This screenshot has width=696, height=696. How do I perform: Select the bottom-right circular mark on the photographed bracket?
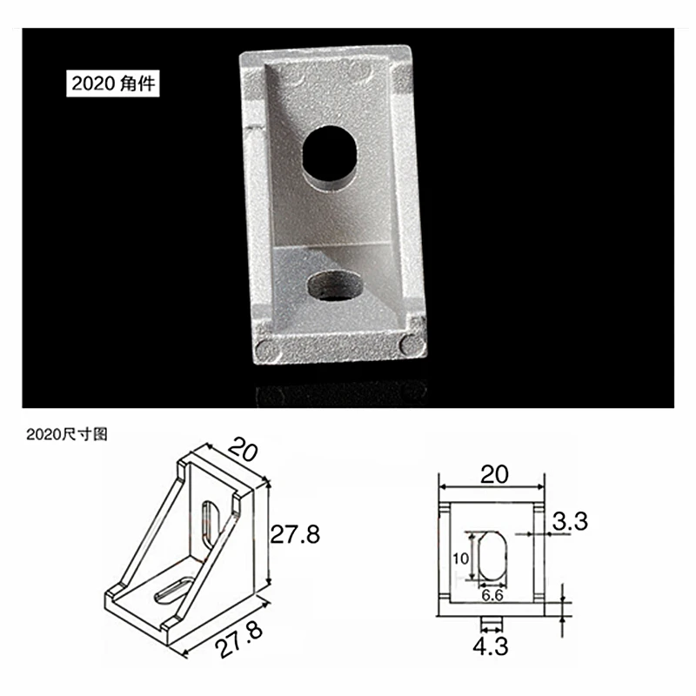(x=407, y=344)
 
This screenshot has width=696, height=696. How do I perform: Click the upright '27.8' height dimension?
(x=294, y=534)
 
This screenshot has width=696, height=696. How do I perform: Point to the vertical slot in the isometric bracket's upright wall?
(x=209, y=525)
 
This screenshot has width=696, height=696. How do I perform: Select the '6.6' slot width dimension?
(x=492, y=595)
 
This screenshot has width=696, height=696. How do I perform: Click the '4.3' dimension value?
(x=492, y=646)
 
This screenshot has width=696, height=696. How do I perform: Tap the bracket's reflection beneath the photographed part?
(x=339, y=394)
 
